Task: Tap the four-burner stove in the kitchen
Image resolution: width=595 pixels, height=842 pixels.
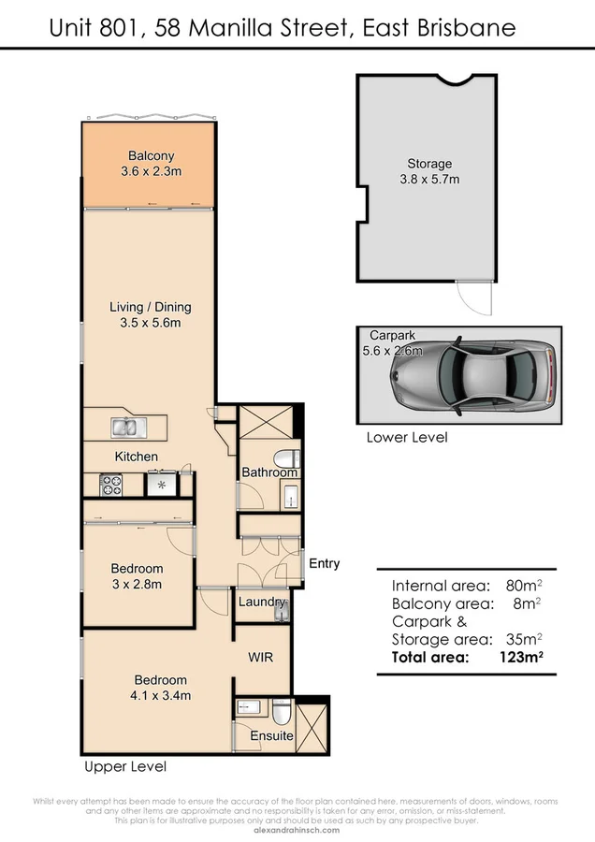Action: click(112, 485)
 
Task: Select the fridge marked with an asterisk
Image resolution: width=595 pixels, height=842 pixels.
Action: click(161, 486)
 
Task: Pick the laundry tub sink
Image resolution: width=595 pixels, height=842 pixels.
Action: click(282, 609)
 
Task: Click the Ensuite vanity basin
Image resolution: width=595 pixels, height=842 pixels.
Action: click(248, 706)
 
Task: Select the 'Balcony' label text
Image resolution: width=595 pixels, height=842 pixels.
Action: click(152, 156)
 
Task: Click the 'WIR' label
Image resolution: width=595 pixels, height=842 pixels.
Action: click(260, 658)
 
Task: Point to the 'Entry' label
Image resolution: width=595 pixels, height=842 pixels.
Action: click(324, 563)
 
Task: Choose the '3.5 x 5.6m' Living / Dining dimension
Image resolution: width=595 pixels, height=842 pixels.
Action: click(151, 323)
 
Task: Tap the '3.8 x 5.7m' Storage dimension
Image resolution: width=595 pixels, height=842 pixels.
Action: click(428, 180)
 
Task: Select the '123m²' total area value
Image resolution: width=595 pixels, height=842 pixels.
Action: click(518, 658)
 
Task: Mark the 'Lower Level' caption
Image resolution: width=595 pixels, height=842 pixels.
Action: click(406, 437)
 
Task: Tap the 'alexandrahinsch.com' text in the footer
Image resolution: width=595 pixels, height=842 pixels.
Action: click(297, 828)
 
